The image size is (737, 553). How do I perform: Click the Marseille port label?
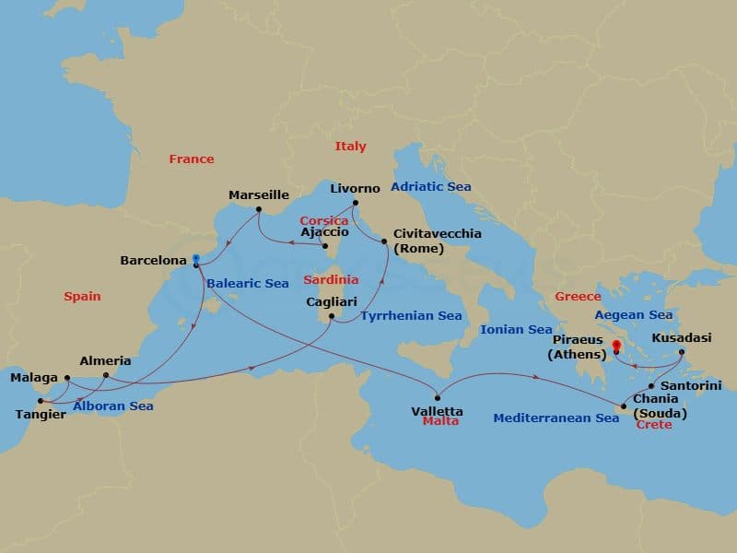point(259,194)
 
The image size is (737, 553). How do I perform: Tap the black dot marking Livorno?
point(355,203)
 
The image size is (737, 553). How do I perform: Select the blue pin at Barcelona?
point(196,260)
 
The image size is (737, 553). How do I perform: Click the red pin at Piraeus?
point(614,347)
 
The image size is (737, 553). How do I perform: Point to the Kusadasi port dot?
point(682,352)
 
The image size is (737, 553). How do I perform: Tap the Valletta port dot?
point(438,398)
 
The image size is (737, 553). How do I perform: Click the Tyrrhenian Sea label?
point(411,316)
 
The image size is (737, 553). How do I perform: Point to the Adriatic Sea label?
point(431,186)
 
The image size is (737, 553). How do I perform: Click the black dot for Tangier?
point(40,401)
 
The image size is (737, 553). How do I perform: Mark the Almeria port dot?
point(106,375)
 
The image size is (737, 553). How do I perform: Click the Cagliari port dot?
point(331,319)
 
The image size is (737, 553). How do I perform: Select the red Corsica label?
point(323,221)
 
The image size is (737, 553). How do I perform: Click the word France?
point(191,159)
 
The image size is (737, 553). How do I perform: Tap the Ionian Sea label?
point(516,329)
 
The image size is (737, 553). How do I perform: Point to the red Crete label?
point(655,425)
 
